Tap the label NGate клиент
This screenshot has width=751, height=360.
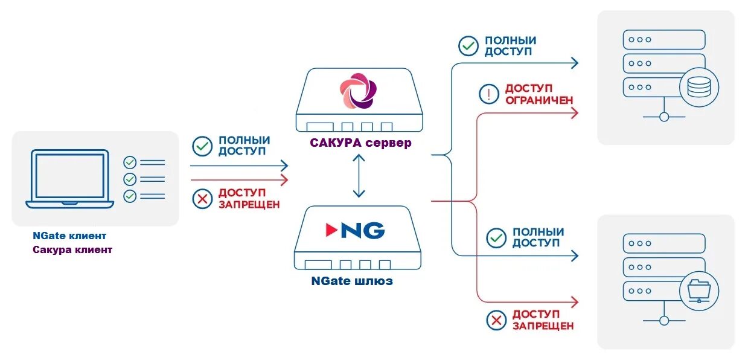click(69, 236)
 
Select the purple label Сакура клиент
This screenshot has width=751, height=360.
click(72, 249)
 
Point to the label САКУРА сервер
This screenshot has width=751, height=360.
click(360, 143)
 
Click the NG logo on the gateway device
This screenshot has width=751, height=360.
click(355, 230)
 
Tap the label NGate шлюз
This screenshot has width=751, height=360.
click(352, 281)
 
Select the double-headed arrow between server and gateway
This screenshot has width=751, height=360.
click(359, 175)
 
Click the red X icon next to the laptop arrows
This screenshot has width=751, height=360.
click(202, 199)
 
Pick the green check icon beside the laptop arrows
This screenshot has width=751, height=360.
click(202, 146)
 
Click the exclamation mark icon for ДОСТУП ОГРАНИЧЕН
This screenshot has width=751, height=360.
click(488, 94)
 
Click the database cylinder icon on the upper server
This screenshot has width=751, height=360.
click(699, 88)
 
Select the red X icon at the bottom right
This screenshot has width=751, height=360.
click(497, 320)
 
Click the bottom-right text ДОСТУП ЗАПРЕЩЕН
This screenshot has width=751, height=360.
click(543, 320)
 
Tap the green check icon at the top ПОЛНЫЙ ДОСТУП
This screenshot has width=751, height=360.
click(468, 46)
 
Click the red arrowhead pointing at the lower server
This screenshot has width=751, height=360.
click(574, 301)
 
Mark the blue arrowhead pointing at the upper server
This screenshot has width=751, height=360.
click(574, 62)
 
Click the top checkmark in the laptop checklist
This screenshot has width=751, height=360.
click(130, 162)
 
